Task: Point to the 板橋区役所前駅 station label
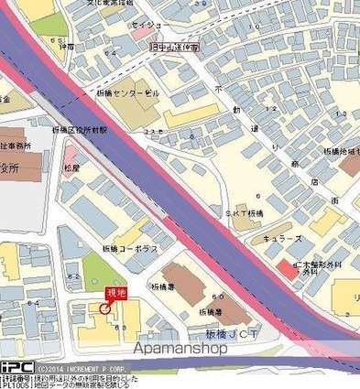[x=80, y=131]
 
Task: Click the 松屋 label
[x=72, y=168]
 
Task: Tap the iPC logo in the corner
[x=16, y=367]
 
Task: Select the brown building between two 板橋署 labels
[x=189, y=285]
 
